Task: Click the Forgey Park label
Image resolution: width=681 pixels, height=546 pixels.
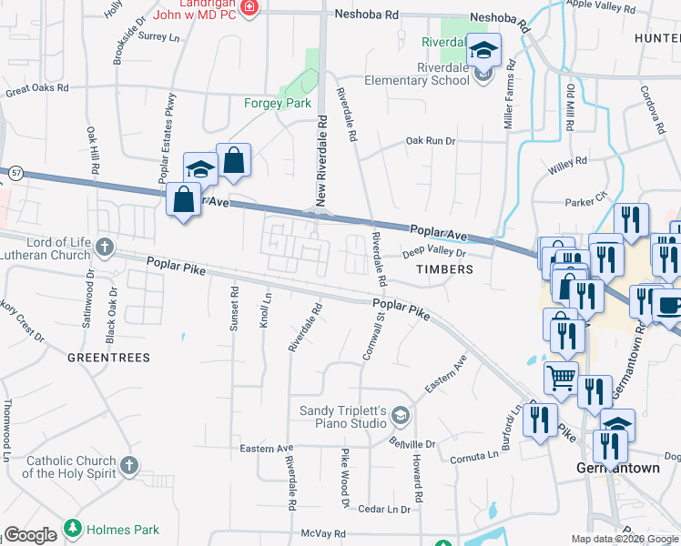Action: [277, 103]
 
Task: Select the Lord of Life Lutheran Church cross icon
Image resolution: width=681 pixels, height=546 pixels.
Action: [105, 246]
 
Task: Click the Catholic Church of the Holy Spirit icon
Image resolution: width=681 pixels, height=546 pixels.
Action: [129, 466]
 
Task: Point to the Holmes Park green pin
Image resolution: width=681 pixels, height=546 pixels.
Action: [72, 529]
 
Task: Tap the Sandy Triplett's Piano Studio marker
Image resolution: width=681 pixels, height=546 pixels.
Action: [399, 417]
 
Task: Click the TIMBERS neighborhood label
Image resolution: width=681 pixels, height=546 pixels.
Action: [445, 269]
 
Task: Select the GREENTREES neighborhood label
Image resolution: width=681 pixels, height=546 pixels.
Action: [108, 358]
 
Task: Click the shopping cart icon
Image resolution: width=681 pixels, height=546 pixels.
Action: [562, 376]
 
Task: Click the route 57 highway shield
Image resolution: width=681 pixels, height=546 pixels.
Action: [15, 171]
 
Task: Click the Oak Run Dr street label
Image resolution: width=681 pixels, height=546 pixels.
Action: [430, 140]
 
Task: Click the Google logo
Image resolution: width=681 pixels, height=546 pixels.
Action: [31, 535]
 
